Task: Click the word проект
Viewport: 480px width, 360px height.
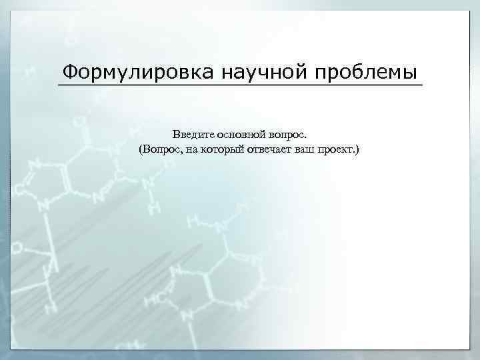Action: [337, 151]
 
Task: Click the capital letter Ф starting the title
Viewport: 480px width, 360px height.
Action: [67, 71]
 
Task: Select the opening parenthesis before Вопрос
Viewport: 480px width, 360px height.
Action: [141, 150]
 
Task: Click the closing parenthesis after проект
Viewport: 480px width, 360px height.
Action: [357, 150]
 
